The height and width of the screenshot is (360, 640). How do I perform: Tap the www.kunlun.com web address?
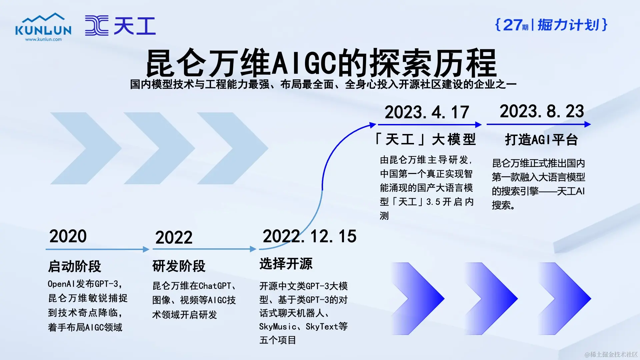pyautogui.click(x=43, y=39)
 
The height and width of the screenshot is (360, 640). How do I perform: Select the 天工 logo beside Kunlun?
pyautogui.click(x=120, y=25)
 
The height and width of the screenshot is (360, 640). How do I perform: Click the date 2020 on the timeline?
pyautogui.click(x=68, y=236)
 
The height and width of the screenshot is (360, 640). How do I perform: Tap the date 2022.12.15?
pyautogui.click(x=309, y=236)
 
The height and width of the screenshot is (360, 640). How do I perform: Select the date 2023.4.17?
pyautogui.click(x=427, y=112)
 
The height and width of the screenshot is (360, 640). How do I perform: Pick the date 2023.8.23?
pyautogui.click(x=542, y=111)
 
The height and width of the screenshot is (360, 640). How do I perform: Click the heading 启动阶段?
pyautogui.click(x=74, y=266)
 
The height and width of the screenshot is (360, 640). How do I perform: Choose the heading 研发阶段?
pyautogui.click(x=179, y=266)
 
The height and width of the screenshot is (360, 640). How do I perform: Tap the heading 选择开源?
pyautogui.click(x=286, y=264)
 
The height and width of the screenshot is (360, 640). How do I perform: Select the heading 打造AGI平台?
pyautogui.click(x=542, y=140)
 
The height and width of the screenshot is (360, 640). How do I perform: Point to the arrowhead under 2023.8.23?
pyautogui.click(x=587, y=124)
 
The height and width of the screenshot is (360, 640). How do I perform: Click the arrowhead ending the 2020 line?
pyautogui.click(x=146, y=249)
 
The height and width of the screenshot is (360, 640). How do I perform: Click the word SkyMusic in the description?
pyautogui.click(x=278, y=327)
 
